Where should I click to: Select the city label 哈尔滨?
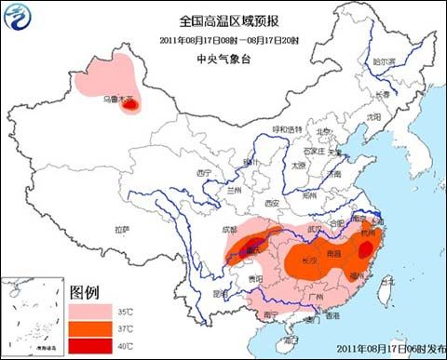pos(385,61)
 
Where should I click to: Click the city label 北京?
pos(322,132)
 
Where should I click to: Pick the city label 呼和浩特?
pos(287,128)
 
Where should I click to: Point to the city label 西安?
pos(271,202)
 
